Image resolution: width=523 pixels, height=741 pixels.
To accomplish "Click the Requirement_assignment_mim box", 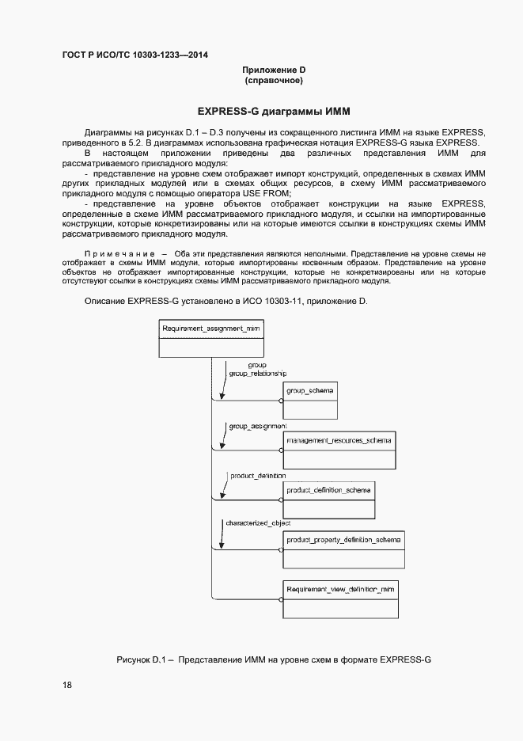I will click(211, 339).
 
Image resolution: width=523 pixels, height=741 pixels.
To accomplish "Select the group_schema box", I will click(310, 400).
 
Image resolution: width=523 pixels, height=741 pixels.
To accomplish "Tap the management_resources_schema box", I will click(339, 450).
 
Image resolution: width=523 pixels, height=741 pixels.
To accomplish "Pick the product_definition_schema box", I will click(328, 500).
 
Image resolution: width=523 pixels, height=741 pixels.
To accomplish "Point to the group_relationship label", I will click(257, 373).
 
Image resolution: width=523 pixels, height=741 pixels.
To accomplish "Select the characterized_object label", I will click(258, 524).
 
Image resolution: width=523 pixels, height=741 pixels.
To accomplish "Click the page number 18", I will click(66, 685).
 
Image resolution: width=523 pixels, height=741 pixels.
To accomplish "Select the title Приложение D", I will click(274, 70).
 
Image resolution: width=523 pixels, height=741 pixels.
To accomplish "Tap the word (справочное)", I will click(274, 81).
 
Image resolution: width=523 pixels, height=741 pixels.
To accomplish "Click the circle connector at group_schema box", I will click(281, 401).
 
